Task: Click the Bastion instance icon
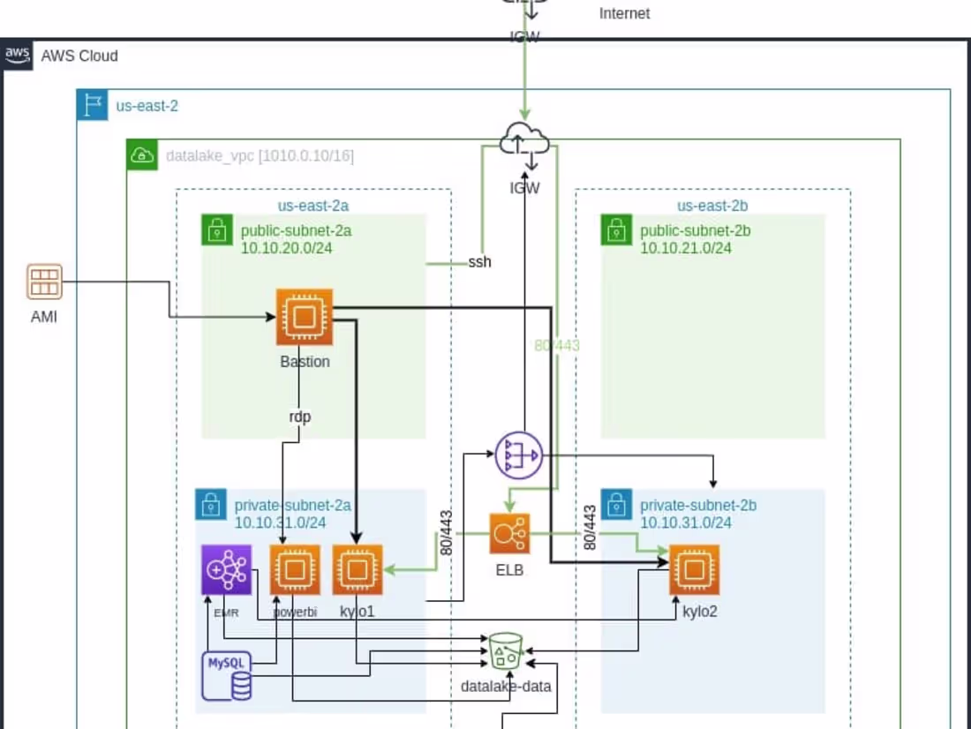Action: (x=305, y=317)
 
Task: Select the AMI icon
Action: (x=43, y=283)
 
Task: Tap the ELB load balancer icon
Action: (x=510, y=535)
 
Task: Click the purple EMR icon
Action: (x=226, y=569)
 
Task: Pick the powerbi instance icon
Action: (x=294, y=569)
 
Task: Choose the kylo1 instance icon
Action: (x=358, y=569)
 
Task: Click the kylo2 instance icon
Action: (x=695, y=569)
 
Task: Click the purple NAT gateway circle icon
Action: (x=518, y=455)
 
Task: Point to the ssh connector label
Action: (x=480, y=262)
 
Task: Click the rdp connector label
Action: (x=300, y=417)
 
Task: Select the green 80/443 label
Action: (x=557, y=345)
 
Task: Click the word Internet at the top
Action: (x=624, y=13)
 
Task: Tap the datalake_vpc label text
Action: (x=260, y=156)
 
